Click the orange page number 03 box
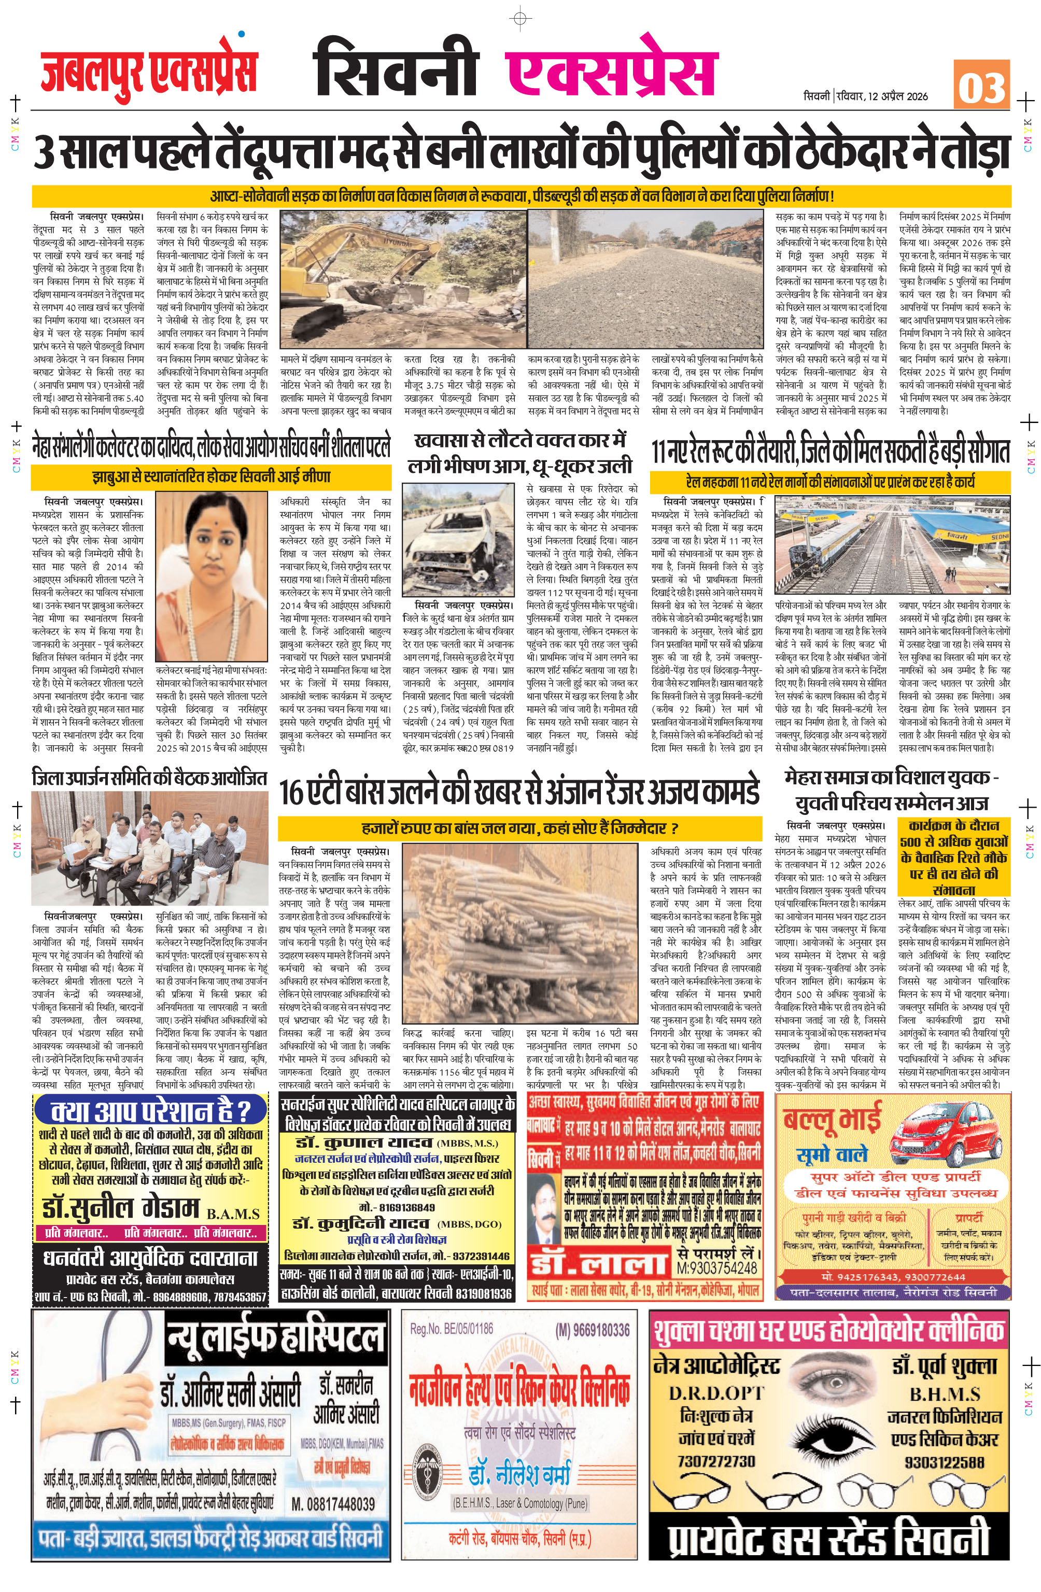coord(981,84)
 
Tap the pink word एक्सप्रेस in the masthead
coord(610,67)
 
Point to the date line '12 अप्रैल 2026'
coord(898,96)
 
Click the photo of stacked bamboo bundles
coord(520,936)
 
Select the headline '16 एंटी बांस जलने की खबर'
coord(519,793)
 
